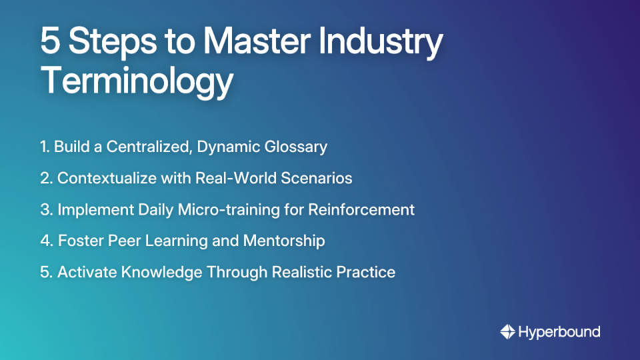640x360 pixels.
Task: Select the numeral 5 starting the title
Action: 50,42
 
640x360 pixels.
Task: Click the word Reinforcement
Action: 361,209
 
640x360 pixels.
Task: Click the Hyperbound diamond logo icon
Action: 507,331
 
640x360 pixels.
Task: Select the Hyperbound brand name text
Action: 559,331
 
